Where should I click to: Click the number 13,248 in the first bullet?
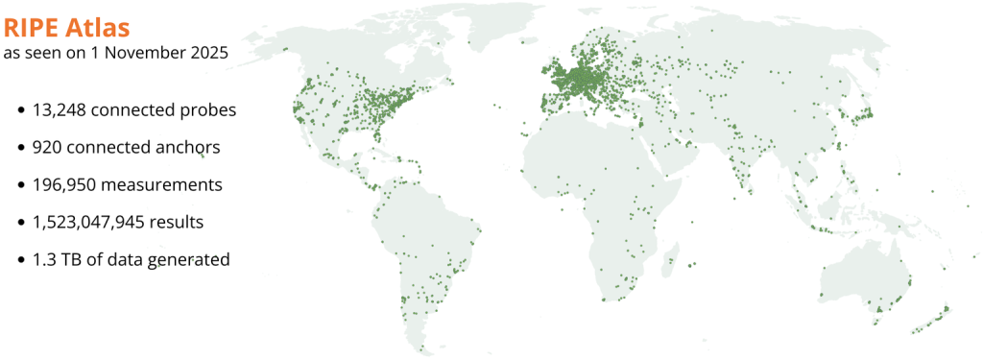pos(61,110)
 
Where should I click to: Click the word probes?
pos(208,111)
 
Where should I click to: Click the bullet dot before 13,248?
pos(21,111)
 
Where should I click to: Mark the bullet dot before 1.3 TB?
pos(21,260)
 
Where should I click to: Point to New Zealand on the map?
pos(935,318)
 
